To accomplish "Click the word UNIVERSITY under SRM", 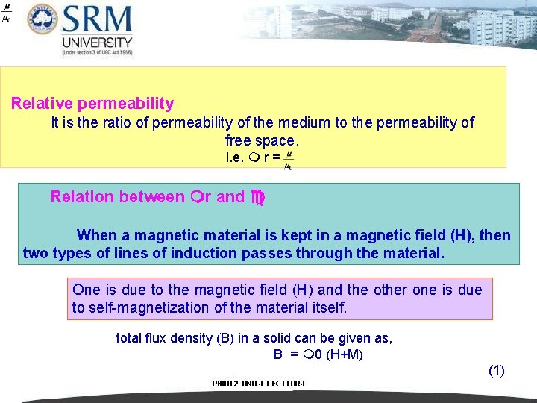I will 98,43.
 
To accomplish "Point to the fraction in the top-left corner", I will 7,13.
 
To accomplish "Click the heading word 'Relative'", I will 40,104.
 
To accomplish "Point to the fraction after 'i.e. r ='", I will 289,159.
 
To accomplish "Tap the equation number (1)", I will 497,370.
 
